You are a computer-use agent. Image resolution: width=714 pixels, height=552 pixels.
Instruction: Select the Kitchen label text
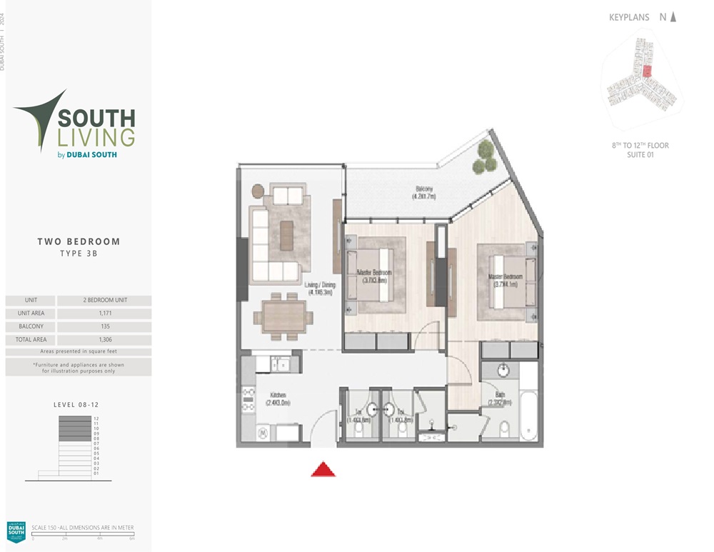[x=278, y=398]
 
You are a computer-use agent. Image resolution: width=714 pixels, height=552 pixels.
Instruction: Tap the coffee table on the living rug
[x=286, y=235]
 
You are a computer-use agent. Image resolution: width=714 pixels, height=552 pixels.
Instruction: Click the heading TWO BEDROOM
[x=79, y=242]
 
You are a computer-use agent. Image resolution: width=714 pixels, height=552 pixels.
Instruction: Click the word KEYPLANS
[x=629, y=17]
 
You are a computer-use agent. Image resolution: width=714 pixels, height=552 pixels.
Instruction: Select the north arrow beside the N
[x=673, y=17]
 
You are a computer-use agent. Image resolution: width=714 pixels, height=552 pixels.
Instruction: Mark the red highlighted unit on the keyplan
[x=648, y=71]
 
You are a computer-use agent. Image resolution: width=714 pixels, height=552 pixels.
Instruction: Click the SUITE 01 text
[x=640, y=154]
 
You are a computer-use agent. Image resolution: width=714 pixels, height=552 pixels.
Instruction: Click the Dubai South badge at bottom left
[x=16, y=531]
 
